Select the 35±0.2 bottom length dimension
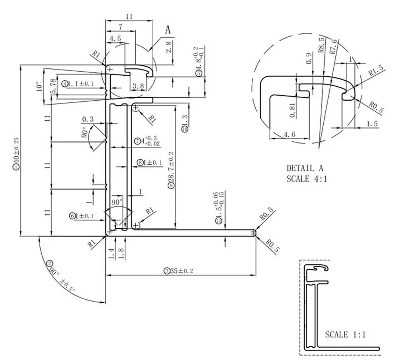pyautogui.click(x=179, y=271)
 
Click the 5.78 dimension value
pyautogui.click(x=53, y=87)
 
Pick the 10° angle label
pyautogui.click(x=39, y=87)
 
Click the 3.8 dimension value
pyautogui.click(x=138, y=86)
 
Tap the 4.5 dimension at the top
pyautogui.click(x=115, y=39)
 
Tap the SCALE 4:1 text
pyautogui.click(x=307, y=179)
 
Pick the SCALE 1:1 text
pyautogui.click(x=345, y=335)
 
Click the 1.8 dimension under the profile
pyautogui.click(x=120, y=252)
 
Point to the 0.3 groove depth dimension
pyautogui.click(x=88, y=119)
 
